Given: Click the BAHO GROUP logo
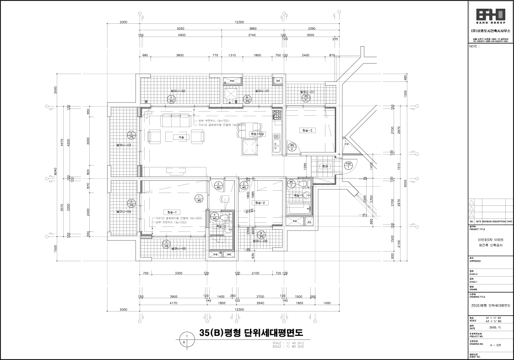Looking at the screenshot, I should (490, 16).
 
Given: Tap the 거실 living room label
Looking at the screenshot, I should (181, 137).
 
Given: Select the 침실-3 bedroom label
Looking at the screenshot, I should (307, 130).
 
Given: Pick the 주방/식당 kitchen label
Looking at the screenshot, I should (248, 134).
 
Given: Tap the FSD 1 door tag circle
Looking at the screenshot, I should (348, 165).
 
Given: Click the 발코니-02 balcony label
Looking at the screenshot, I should (178, 91).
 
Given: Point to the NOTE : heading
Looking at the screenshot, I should (474, 46).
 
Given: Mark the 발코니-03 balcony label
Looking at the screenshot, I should (124, 145).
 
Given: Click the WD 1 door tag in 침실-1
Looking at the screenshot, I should (199, 199).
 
